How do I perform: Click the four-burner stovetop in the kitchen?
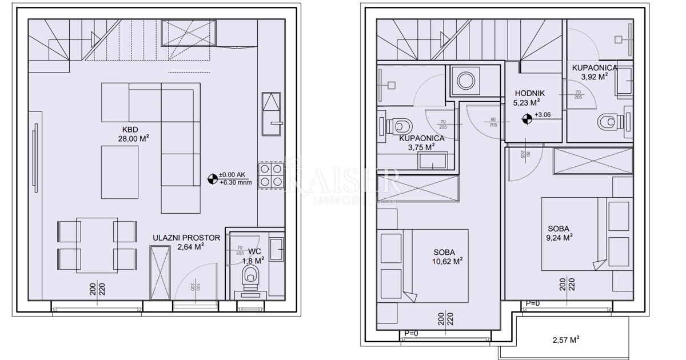click(x=270, y=175)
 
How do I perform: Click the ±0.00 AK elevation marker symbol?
click(x=213, y=179)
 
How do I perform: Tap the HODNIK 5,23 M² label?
click(x=529, y=98)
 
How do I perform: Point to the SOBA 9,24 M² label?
click(x=560, y=234)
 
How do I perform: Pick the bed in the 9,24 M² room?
click(x=572, y=234)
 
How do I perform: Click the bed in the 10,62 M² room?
click(x=437, y=266)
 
